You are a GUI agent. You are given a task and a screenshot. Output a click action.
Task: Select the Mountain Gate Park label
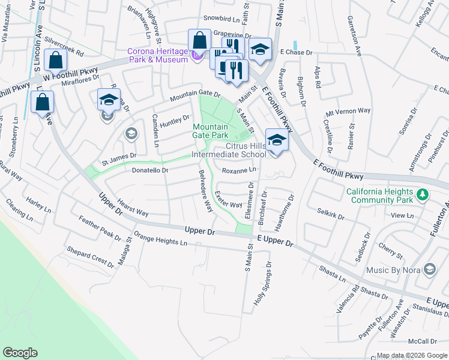pyautogui.click(x=210, y=131)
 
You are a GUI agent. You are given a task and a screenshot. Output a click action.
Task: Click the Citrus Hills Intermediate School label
pyautogui.click(x=228, y=150)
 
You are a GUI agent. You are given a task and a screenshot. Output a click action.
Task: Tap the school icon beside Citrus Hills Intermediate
pyautogui.click(x=276, y=141)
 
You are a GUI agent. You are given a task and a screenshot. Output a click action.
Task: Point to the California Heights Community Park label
pyautogui.click(x=379, y=195)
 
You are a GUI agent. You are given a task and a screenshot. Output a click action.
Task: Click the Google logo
pyautogui.click(x=20, y=353)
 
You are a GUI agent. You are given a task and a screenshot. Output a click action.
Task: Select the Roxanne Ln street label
pyautogui.click(x=239, y=170)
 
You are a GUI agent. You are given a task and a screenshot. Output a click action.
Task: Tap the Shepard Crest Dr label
pyautogui.click(x=90, y=257)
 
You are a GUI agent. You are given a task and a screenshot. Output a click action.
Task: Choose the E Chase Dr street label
pyautogui.click(x=297, y=53)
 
